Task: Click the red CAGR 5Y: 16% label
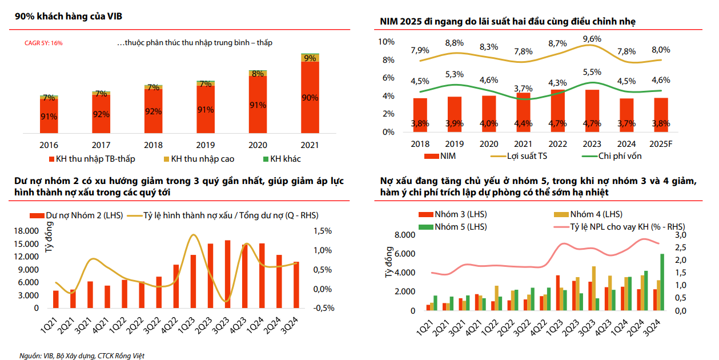pyautogui.click(x=43, y=43)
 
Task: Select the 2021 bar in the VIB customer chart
pyautogui.click(x=310, y=97)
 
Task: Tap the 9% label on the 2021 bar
pyautogui.click(x=310, y=58)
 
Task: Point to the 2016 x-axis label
pyautogui.click(x=49, y=146)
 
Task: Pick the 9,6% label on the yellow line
pyautogui.click(x=592, y=39)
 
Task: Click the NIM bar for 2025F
pyautogui.click(x=661, y=115)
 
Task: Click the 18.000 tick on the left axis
pyautogui.click(x=26, y=231)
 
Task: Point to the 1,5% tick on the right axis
pyautogui.click(x=323, y=231)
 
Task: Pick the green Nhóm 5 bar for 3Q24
pyautogui.click(x=662, y=283)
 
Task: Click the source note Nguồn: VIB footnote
pyautogui.click(x=82, y=355)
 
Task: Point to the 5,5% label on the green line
pyautogui.click(x=592, y=72)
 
